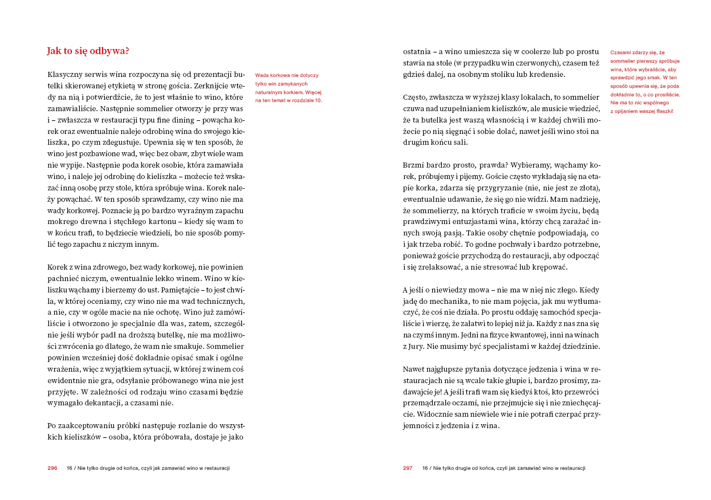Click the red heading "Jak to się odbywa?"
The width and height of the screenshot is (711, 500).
[x=88, y=51]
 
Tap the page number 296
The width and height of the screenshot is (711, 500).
[x=52, y=468]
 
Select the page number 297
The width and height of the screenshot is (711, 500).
[x=408, y=468]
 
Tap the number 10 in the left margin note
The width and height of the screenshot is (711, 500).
[x=319, y=100]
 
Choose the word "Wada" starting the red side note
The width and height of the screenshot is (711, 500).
[x=262, y=75]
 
